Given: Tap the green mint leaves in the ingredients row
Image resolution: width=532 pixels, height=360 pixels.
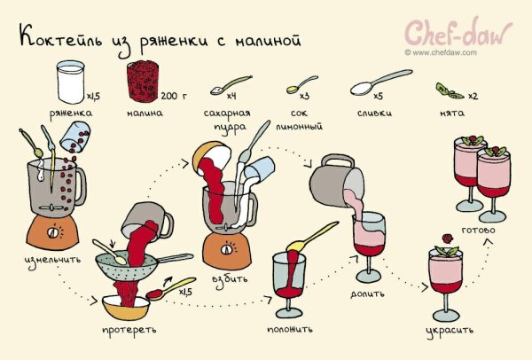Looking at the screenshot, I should pyautogui.click(x=450, y=90).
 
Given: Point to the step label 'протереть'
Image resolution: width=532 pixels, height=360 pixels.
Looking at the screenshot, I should pyautogui.click(x=129, y=330).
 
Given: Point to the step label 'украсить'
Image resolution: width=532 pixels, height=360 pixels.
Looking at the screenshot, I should pyautogui.click(x=449, y=330).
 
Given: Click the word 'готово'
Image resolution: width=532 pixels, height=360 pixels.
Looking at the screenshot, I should pyautogui.click(x=480, y=232).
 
